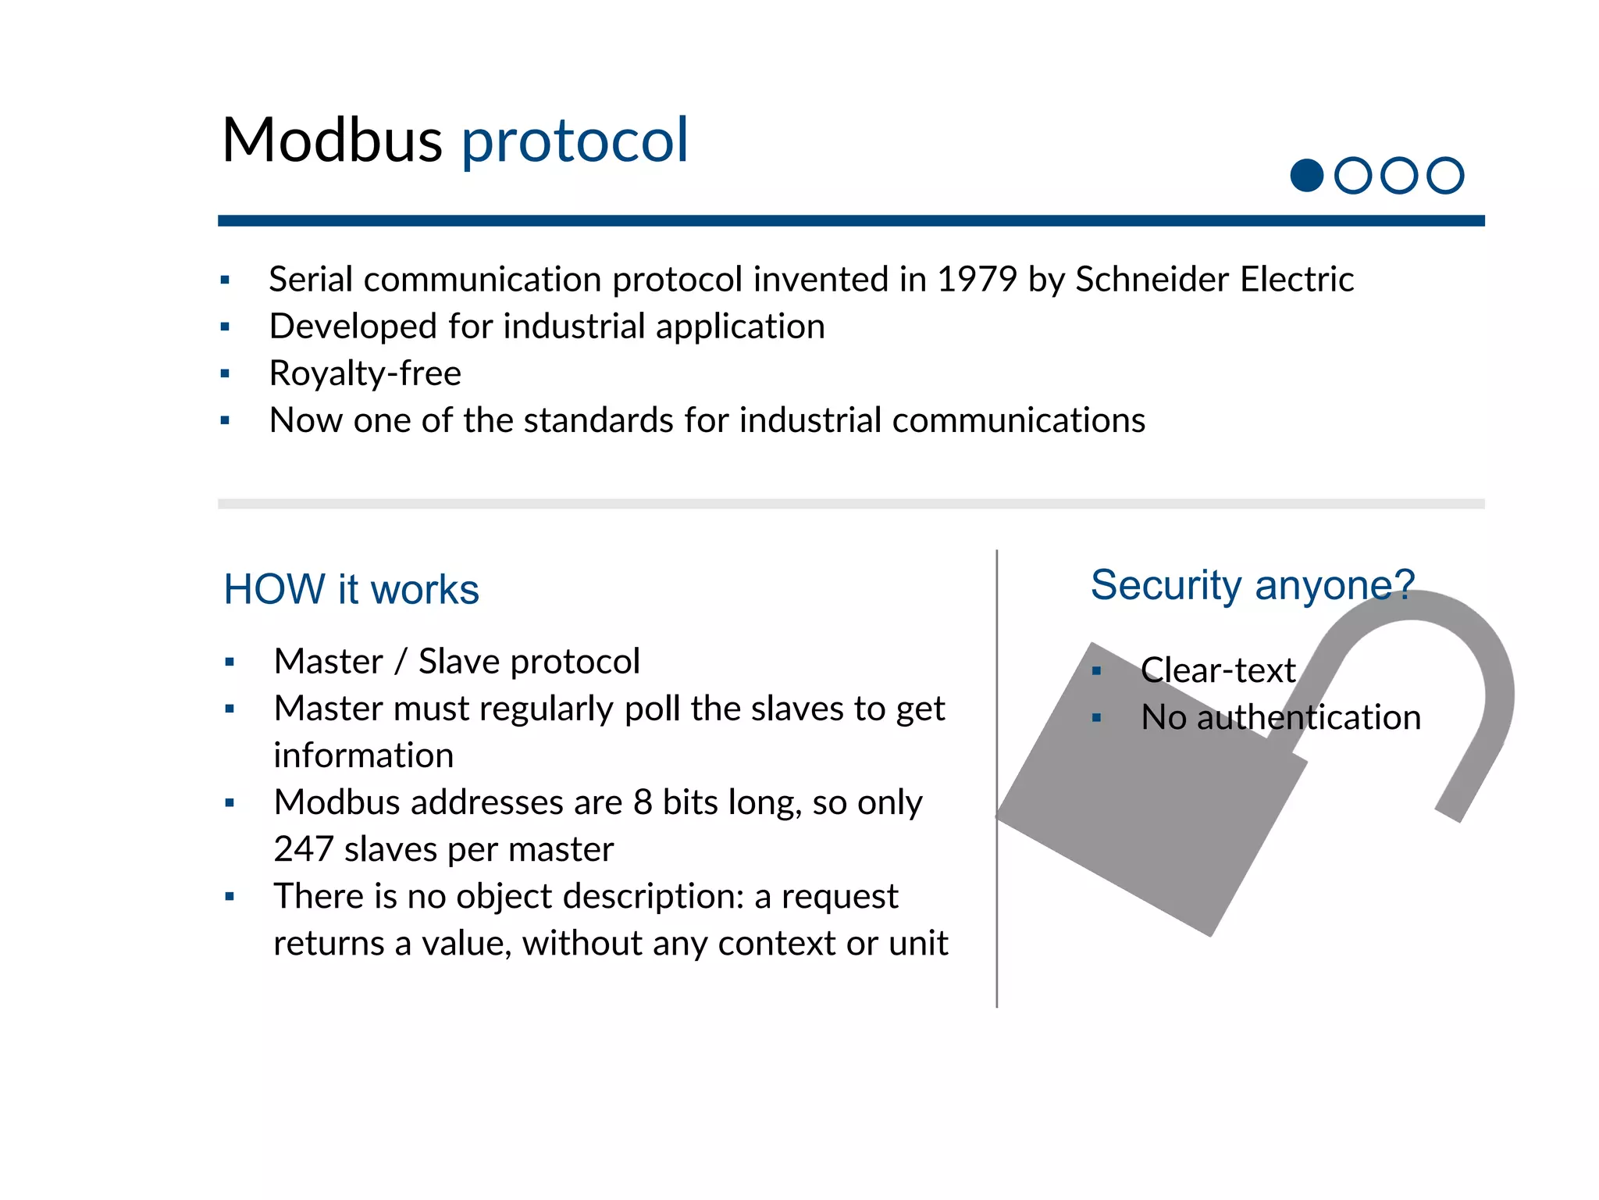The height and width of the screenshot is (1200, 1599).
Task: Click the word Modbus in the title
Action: pos(332,141)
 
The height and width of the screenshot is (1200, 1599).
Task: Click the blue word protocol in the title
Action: pos(575,141)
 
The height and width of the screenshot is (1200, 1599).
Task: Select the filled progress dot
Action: pos(1306,175)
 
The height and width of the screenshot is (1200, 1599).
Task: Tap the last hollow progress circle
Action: pos(1444,175)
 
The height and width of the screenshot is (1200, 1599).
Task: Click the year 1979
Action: pos(977,280)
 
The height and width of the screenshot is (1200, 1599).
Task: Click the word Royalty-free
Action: pos(365,373)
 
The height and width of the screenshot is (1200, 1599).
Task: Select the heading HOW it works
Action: pos(351,589)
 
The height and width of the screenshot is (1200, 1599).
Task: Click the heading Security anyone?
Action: pos(1252,585)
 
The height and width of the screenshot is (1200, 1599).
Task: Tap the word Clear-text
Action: pos(1217,670)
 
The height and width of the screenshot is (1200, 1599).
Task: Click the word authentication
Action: pos(1309,717)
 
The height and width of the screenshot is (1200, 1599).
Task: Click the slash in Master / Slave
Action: pos(401,662)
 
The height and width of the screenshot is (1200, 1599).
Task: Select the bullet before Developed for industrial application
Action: pos(225,327)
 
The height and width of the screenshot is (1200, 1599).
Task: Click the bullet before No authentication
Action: pos(1096,718)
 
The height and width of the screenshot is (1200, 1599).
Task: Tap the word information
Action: pos(363,755)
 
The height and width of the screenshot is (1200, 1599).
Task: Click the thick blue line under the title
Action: pos(851,221)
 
